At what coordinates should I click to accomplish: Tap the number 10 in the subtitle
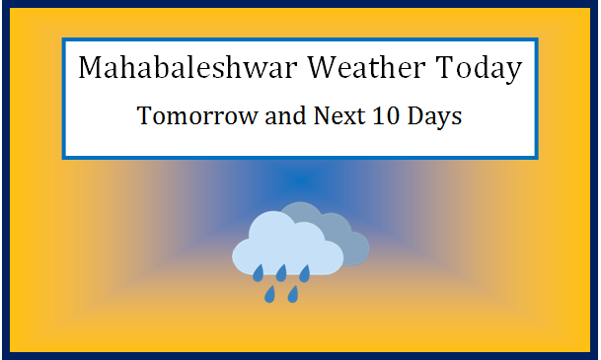coord(387,116)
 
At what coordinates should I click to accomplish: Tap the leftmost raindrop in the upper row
coord(258,271)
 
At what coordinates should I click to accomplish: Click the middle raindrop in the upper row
coord(281,271)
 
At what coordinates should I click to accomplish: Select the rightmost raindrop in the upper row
coord(305,271)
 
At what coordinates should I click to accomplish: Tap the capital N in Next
coord(319,116)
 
